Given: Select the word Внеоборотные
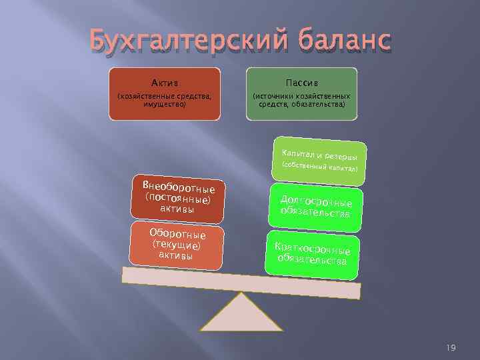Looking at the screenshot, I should (178, 186).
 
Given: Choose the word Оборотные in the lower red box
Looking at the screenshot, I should (177, 234).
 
